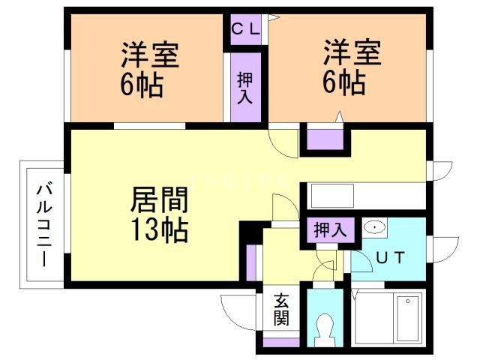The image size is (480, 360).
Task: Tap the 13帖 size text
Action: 160,230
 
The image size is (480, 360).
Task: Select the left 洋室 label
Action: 151,58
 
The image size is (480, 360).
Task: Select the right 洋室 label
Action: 352,54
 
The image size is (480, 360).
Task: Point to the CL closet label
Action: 245,30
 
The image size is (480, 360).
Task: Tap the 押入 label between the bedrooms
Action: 245,88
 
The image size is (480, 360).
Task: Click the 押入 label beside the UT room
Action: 330,229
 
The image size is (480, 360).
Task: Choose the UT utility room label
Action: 390,258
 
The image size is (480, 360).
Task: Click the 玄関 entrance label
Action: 280,310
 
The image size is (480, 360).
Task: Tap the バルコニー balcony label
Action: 42,224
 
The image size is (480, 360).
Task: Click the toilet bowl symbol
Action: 325,325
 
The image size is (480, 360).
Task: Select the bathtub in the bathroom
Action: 409,318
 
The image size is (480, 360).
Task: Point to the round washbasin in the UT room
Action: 373,227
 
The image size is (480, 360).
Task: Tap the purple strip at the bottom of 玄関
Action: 280,342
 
